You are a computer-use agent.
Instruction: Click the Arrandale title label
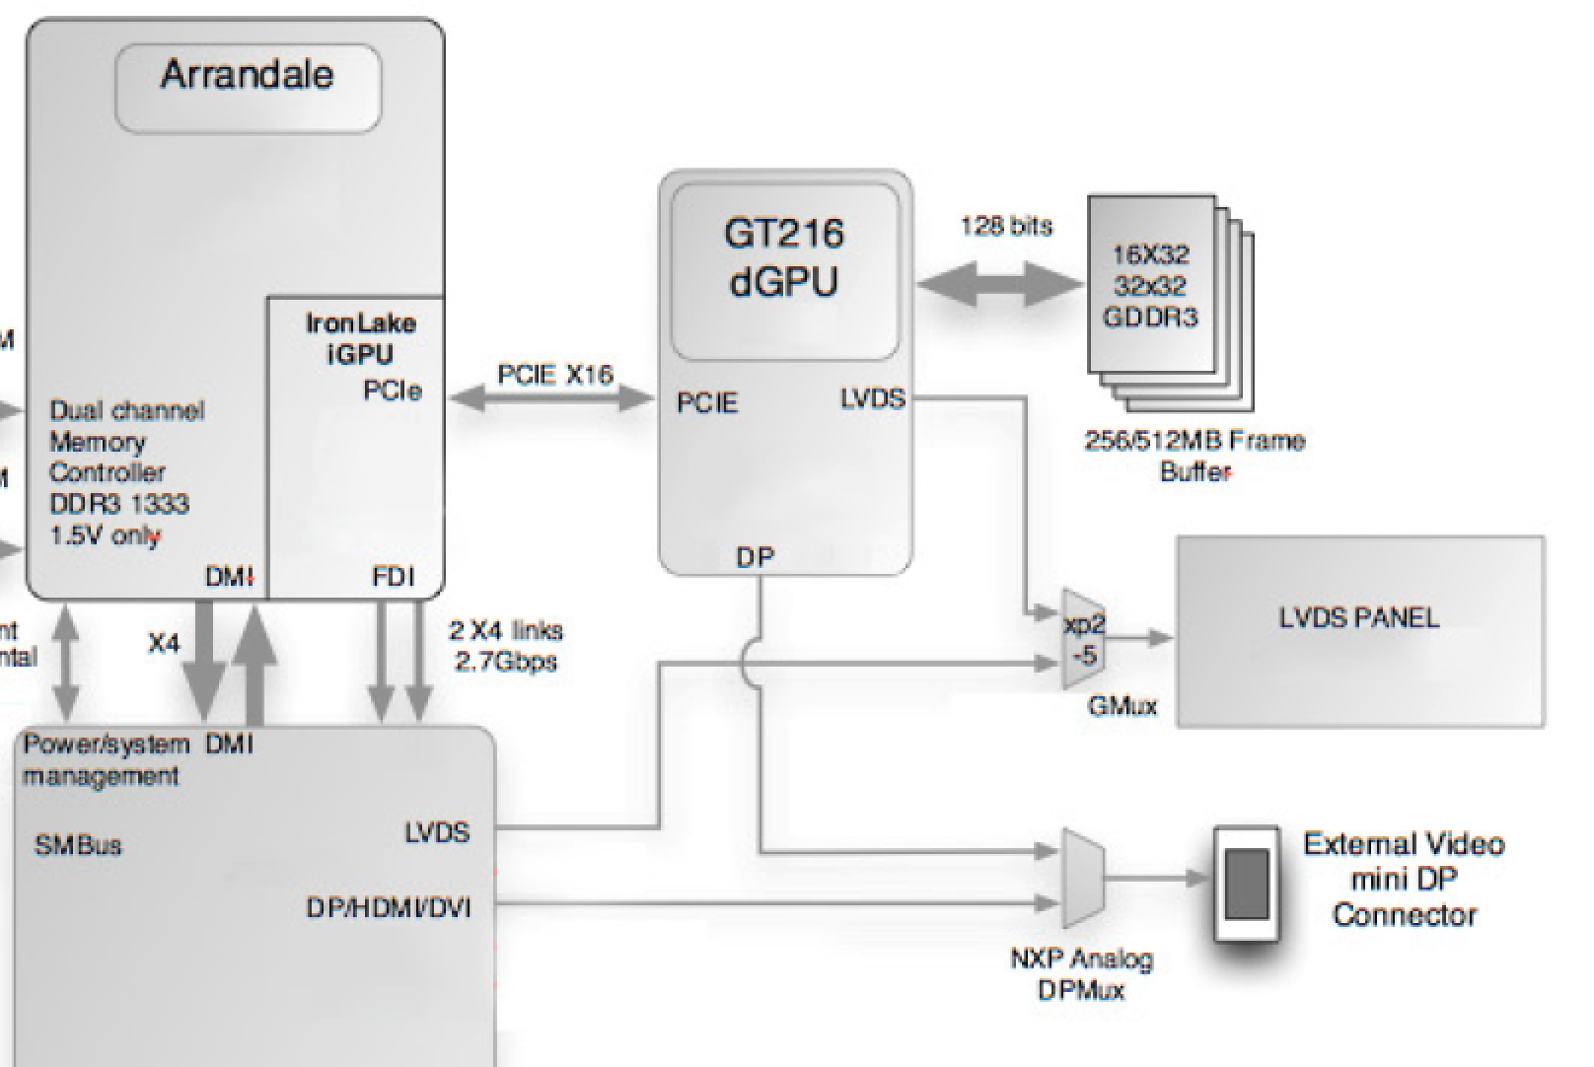248,76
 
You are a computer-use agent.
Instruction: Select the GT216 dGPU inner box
784,270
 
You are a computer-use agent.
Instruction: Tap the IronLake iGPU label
360,338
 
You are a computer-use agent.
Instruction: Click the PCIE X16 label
554,375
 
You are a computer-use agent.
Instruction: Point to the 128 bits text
1006,227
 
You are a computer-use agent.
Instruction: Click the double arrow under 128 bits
1000,285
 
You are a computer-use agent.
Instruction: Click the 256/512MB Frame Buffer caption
1195,456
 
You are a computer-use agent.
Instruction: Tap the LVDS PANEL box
1360,631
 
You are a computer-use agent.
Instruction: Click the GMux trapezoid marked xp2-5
1083,639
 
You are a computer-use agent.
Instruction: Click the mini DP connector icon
1246,883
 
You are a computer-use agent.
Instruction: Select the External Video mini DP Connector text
1404,880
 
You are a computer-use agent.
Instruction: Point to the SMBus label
78,845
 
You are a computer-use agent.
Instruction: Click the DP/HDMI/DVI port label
388,906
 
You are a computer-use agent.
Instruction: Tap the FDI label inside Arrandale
393,577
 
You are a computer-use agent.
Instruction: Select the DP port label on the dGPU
756,557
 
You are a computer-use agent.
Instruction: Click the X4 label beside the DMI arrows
164,644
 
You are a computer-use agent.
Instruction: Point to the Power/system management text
105,759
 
